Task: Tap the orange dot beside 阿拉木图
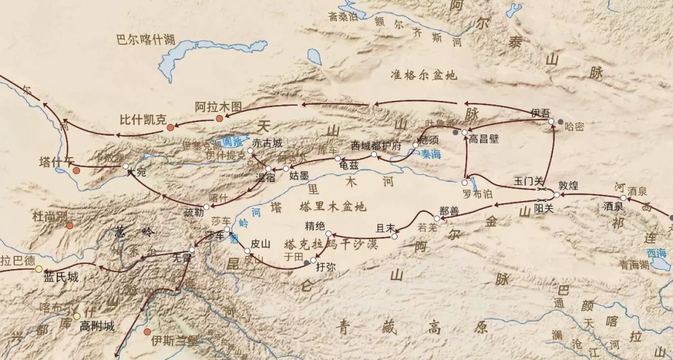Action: point(219,118)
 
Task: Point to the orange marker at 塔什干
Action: point(76,170)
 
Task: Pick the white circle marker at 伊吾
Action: point(551,121)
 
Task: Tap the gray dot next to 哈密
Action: point(560,122)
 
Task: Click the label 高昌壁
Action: point(484,140)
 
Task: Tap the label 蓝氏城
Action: point(61,278)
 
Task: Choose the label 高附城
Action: point(97,326)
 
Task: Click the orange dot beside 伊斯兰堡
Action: point(147,331)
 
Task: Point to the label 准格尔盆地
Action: point(423,75)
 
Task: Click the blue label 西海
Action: point(656,253)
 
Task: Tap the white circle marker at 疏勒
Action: point(207,207)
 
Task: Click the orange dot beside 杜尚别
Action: point(69,225)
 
